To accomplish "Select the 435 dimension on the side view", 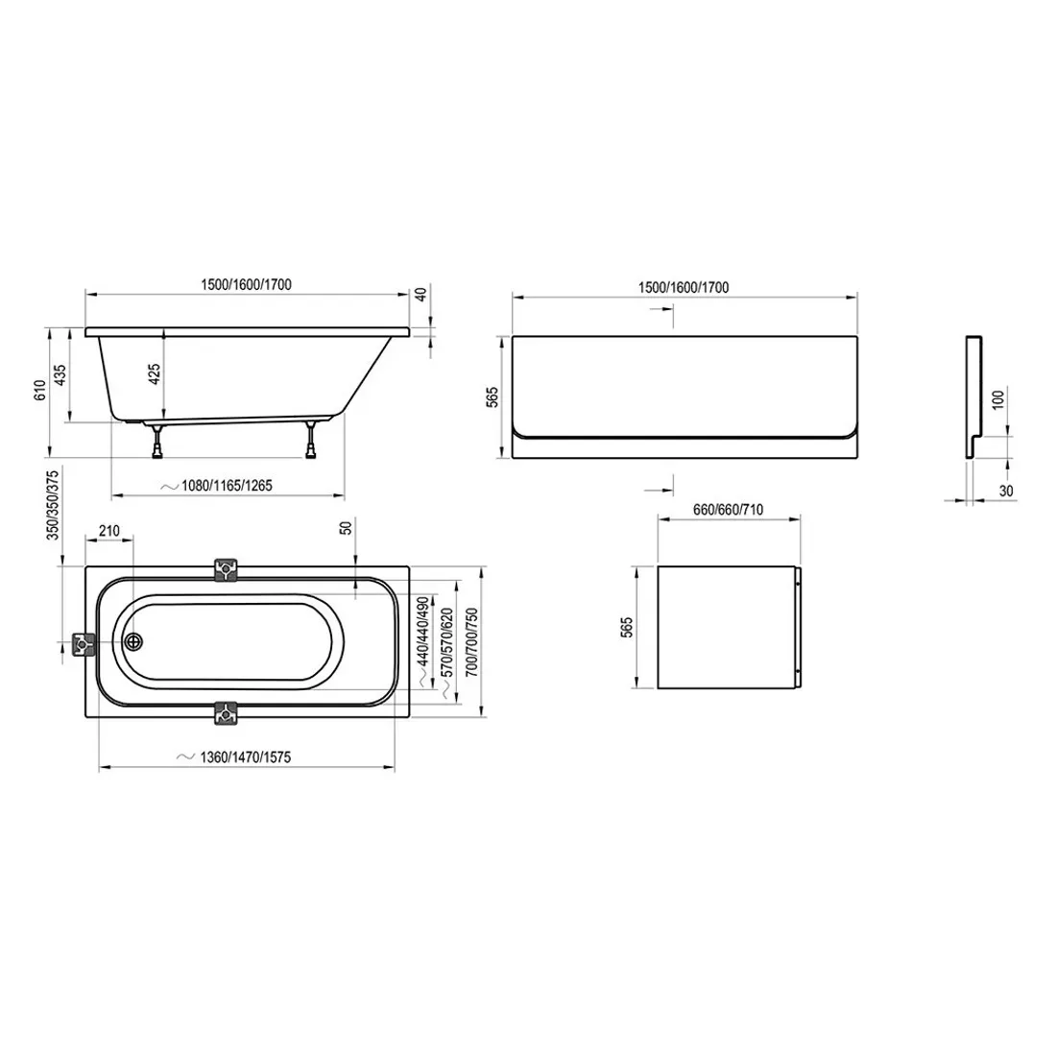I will click(60, 374).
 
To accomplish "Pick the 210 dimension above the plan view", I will click(108, 530).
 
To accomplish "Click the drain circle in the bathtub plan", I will click(132, 641).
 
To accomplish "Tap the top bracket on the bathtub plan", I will click(226, 569).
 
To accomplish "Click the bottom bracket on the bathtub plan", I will click(226, 713).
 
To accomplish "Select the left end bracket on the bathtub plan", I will click(84, 645).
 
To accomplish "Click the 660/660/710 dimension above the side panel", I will click(728, 510).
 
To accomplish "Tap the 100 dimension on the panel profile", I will click(998, 399).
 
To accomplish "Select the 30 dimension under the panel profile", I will click(1004, 491).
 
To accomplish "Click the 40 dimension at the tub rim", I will click(420, 296).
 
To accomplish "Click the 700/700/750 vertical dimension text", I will click(469, 645).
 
